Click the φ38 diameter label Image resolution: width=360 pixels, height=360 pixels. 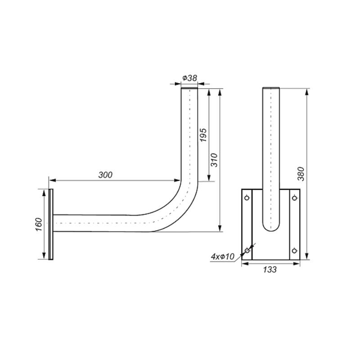click(189, 78)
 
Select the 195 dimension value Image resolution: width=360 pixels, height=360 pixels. click(203, 135)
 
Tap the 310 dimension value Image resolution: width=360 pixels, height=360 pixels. click(215, 160)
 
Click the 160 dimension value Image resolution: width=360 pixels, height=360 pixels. click(38, 224)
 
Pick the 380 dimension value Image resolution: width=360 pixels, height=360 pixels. click(301, 174)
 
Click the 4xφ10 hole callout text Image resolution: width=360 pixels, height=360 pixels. click(223, 256)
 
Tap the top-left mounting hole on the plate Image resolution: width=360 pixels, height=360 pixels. click(247, 198)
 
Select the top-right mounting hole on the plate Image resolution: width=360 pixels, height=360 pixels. click(294, 198)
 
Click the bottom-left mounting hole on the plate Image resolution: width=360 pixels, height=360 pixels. click(247, 251)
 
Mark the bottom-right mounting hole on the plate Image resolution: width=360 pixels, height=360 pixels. click(294, 251)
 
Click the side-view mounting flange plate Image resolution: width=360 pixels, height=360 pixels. click(51, 224)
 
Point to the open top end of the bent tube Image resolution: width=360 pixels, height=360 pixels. click(190, 89)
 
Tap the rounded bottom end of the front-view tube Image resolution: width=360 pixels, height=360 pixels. click(271, 227)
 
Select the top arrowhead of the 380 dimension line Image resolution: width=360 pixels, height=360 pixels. click(306, 91)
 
